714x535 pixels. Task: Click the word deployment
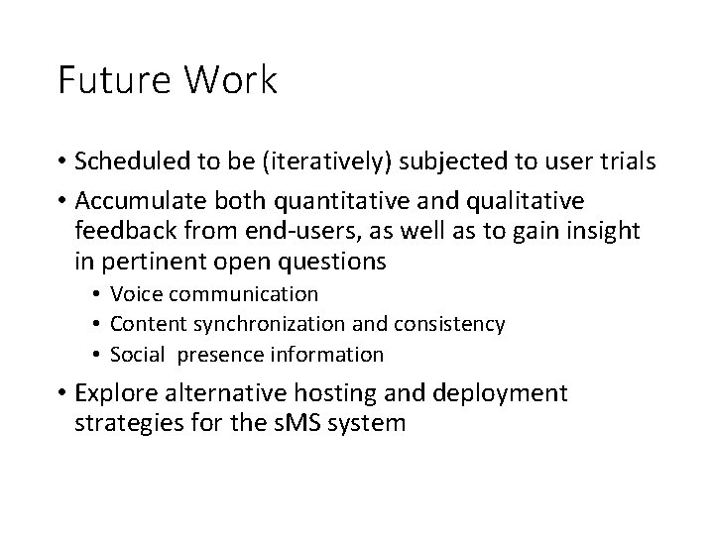pyautogui.click(x=508, y=393)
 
